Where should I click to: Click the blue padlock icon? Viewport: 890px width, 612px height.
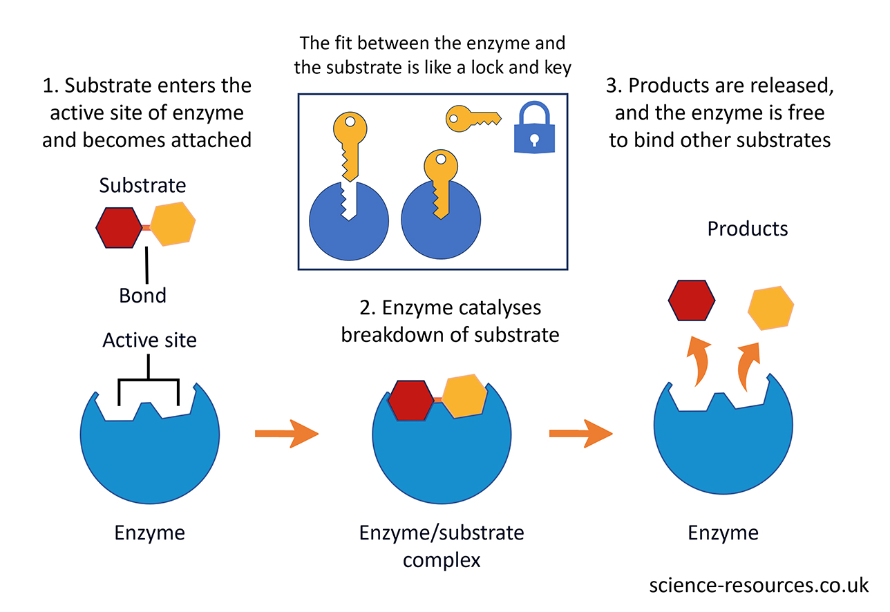(534, 131)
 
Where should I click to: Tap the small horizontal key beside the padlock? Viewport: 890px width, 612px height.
(471, 118)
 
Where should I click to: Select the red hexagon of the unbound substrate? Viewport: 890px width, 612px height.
(118, 227)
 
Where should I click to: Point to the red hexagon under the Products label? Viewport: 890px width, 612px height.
(692, 300)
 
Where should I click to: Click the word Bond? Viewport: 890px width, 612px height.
(142, 296)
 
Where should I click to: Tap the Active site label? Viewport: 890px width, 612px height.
(149, 340)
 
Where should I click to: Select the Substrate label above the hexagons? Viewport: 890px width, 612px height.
(142, 185)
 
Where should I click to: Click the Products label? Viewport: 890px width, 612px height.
(748, 229)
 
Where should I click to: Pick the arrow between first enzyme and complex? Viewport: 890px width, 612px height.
(286, 433)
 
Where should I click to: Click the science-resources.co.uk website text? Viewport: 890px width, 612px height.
(759, 585)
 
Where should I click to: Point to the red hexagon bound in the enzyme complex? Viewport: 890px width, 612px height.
(410, 400)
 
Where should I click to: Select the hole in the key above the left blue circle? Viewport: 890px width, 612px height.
(350, 122)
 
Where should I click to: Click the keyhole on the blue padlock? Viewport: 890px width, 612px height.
(534, 139)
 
